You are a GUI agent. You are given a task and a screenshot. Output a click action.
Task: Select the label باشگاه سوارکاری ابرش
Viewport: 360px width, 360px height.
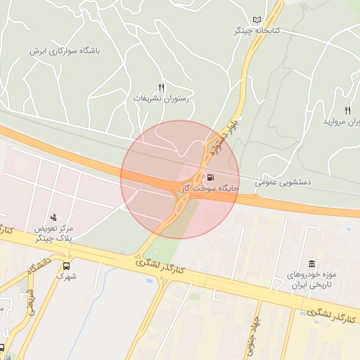(x=65, y=51)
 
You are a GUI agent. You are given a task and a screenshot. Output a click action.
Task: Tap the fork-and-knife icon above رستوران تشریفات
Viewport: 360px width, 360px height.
(x=161, y=86)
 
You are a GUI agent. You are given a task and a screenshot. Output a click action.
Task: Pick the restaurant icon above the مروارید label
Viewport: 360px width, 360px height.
(x=347, y=110)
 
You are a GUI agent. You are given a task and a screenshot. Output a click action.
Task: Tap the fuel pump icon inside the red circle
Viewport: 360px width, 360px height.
(x=211, y=176)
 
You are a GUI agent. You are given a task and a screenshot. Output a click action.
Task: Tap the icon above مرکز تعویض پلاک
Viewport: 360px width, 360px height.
(x=54, y=217)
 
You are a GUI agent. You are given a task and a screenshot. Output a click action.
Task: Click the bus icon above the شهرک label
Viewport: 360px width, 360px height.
(x=67, y=266)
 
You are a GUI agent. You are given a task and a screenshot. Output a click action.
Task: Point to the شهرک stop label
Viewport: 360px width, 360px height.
(x=67, y=277)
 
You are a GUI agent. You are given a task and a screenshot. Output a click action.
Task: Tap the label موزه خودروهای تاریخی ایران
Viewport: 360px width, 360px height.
(x=310, y=280)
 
